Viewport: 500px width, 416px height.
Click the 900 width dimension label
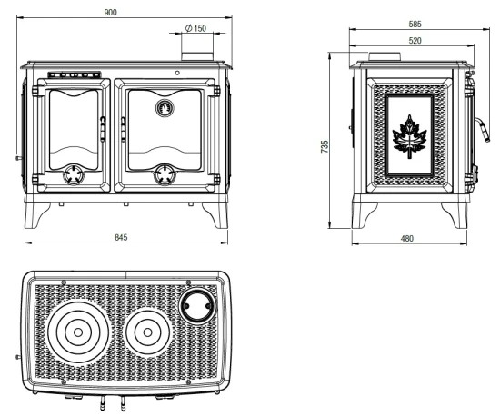pyautogui.click(x=111, y=13)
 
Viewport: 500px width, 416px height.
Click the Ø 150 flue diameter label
pyautogui.click(x=195, y=28)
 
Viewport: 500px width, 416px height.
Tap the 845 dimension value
pyautogui.click(x=121, y=237)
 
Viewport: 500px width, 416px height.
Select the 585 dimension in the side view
pyautogui.click(x=415, y=24)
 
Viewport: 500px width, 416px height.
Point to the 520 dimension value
pyautogui.click(x=415, y=41)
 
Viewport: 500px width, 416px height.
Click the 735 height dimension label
pyautogui.click(x=325, y=146)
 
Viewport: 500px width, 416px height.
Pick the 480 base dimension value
pyautogui.click(x=407, y=238)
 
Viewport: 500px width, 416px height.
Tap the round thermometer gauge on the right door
pyautogui.click(x=165, y=108)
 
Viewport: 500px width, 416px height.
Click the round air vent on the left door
pyautogui.click(x=74, y=175)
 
